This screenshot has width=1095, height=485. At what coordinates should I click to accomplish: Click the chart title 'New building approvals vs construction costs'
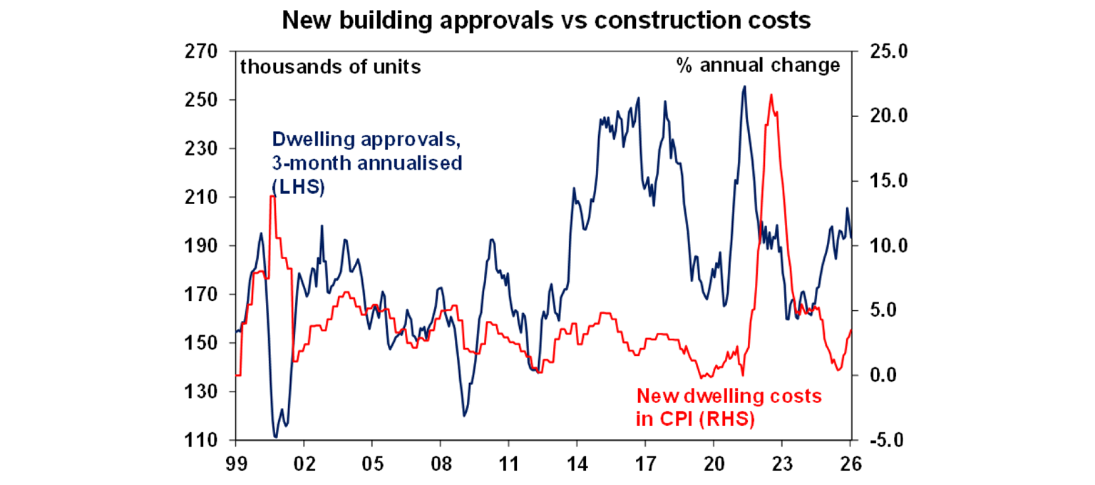pos(547,21)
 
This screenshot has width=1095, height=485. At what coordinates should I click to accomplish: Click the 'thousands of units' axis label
pos(330,67)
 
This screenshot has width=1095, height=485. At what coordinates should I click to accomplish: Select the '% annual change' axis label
pos(757,66)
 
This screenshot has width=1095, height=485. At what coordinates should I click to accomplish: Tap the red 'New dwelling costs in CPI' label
pos(729,407)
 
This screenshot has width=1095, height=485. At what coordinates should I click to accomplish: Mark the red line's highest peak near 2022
pos(770,95)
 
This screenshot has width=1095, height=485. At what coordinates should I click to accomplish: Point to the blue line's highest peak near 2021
pos(744,86)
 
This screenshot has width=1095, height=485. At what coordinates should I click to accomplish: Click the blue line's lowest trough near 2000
pos(276,436)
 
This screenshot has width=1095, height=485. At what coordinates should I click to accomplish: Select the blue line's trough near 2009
pos(464,416)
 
